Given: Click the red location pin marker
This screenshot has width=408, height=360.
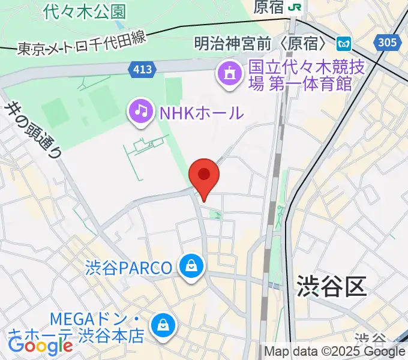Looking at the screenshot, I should (204, 175).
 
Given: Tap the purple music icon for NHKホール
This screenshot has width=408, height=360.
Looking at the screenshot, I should (140, 111).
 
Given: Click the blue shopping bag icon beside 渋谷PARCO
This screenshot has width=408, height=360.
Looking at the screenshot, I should (191, 266).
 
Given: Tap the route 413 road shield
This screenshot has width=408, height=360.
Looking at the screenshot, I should (142, 70).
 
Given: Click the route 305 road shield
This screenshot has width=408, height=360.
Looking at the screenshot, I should (387, 41).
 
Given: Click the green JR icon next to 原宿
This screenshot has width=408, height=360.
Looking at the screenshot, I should (295, 7).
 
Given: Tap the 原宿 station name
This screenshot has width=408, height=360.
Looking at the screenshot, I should (268, 7).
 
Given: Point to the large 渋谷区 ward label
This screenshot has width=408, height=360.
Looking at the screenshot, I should (331, 287).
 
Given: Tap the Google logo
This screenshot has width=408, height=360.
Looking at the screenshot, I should (40, 345).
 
